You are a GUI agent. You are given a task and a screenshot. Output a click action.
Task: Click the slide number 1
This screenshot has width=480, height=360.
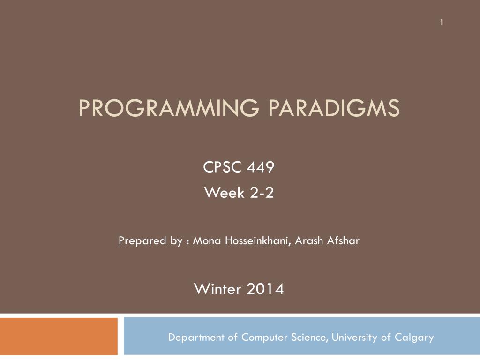[442, 22]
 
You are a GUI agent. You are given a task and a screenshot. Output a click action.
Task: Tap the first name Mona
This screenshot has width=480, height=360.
[207, 241]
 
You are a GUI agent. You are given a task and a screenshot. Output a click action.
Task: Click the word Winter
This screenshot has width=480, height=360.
[217, 289]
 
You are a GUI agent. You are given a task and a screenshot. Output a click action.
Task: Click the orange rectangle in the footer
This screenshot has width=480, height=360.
[59, 336]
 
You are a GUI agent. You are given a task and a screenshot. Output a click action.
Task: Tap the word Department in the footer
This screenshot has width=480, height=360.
[196, 337]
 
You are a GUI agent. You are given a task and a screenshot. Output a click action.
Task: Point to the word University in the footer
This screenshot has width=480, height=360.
[355, 337]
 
